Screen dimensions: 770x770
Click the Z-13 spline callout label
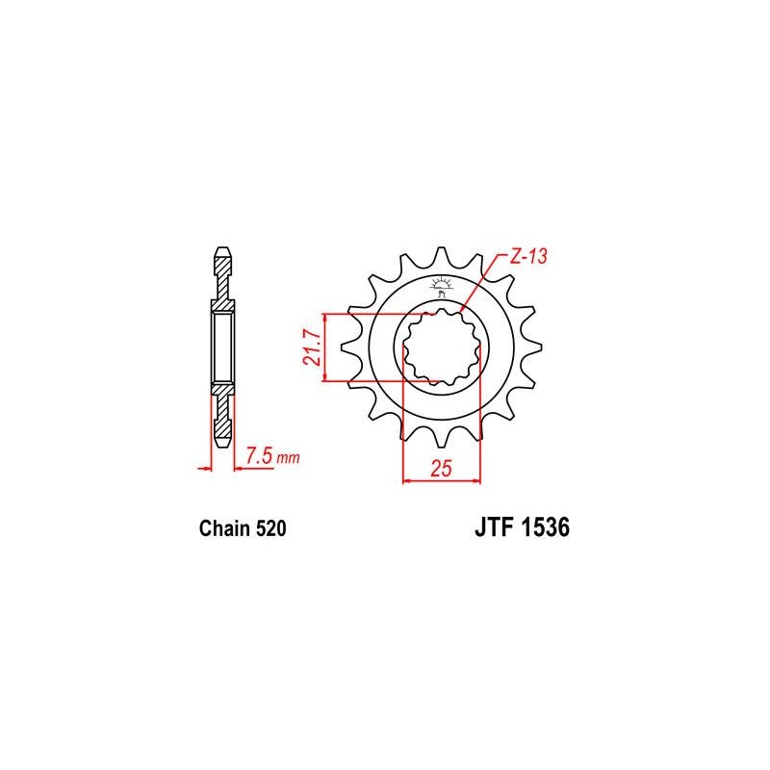tap(528, 256)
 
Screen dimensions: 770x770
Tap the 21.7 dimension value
tap(312, 347)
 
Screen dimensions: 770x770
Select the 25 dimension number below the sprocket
tap(441, 468)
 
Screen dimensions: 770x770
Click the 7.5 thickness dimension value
tap(259, 455)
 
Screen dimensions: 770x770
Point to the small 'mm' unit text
tap(288, 459)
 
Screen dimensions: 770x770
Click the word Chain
tap(224, 528)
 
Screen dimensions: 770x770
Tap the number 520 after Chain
tap(270, 528)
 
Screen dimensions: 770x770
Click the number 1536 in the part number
tap(545, 527)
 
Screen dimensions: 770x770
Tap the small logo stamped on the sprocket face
tap(441, 288)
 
